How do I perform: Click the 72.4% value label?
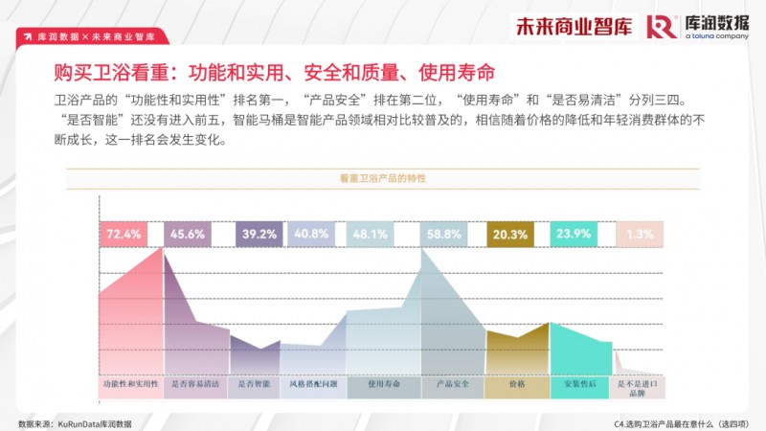click(x=124, y=234)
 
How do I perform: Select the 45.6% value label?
click(x=188, y=234)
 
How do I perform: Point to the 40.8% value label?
click(x=311, y=234)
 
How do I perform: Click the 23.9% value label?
click(x=574, y=234)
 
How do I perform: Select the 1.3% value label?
click(x=639, y=234)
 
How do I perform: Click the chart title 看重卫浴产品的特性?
click(x=382, y=179)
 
